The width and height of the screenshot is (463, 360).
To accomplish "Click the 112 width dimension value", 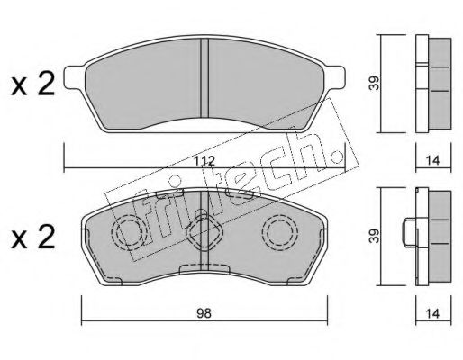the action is pos(204,161).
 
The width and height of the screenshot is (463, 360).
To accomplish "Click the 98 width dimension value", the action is pos(204,313).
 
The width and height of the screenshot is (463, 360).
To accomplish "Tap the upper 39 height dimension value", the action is pos(375,83).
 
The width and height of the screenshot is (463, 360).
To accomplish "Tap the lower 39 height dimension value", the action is pos(375,236).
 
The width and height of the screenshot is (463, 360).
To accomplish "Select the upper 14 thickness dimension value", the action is pos(432,161).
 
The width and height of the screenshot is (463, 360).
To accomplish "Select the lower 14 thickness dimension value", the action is pos(432,313).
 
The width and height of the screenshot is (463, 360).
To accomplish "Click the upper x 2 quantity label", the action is pos(33,85).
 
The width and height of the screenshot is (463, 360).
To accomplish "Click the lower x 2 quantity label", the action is pos(33,238).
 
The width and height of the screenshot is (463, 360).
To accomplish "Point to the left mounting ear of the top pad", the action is pos(75,77).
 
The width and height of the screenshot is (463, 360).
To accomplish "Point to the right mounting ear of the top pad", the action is pos(335,77).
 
